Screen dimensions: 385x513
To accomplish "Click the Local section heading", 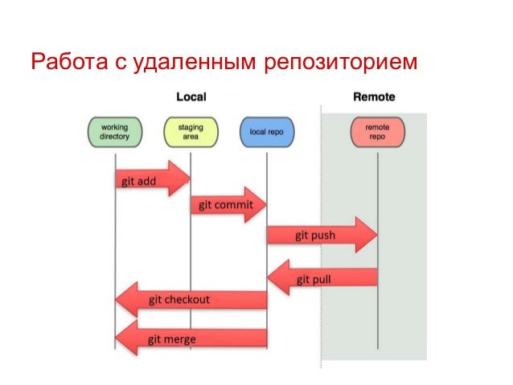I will click(191, 97).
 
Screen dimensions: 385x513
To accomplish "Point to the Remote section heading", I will click(375, 97).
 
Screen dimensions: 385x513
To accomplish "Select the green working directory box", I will click(114, 132).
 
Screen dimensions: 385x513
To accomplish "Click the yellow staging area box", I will click(191, 132).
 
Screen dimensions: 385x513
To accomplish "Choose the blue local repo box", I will click(266, 132).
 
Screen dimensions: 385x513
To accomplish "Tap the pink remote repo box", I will click(377, 132).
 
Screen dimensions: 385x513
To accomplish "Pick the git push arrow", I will click(322, 236).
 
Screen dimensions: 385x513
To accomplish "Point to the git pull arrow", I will click(322, 279).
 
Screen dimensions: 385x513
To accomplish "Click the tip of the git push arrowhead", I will click(376, 235).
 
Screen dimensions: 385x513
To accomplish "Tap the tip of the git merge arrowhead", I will click(117, 338).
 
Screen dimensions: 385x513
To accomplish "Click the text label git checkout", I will click(179, 300).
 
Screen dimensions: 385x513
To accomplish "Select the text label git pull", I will click(314, 280).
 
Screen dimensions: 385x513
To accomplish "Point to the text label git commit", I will click(225, 205).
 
